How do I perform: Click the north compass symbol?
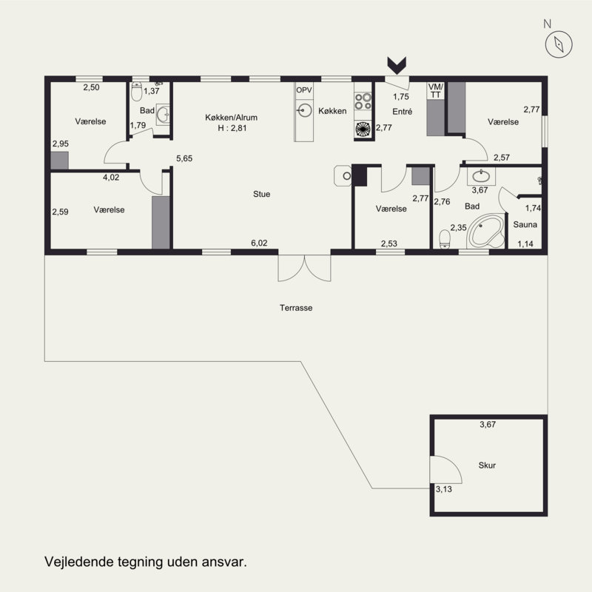tap(559, 44)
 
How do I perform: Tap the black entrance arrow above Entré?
tap(397, 66)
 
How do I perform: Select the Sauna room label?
tap(525, 225)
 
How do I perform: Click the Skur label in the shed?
tap(487, 465)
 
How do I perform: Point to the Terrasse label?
tap(296, 308)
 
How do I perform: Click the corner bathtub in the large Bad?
tap(485, 230)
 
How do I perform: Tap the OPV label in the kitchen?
tap(304, 90)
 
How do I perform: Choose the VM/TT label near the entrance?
tap(436, 91)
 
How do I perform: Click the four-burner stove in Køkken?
tap(363, 101)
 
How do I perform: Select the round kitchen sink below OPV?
tap(304, 110)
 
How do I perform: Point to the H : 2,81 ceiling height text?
tap(232, 128)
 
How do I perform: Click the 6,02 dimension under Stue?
tap(259, 243)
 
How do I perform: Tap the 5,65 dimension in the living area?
tap(184, 158)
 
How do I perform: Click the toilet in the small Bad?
tap(136, 92)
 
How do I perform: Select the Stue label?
tap(262, 194)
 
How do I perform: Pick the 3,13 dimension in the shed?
tap(443, 489)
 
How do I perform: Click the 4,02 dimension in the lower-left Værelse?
tap(111, 177)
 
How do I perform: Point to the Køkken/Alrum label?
tap(231, 118)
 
